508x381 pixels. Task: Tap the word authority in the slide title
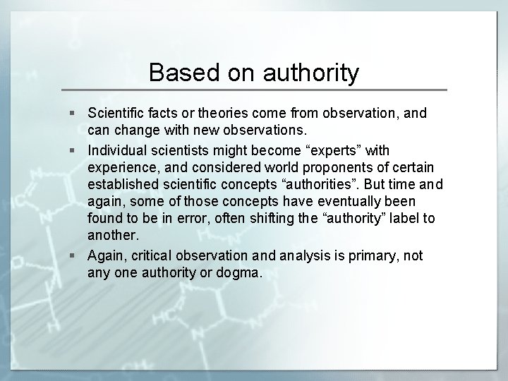point(309,73)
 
